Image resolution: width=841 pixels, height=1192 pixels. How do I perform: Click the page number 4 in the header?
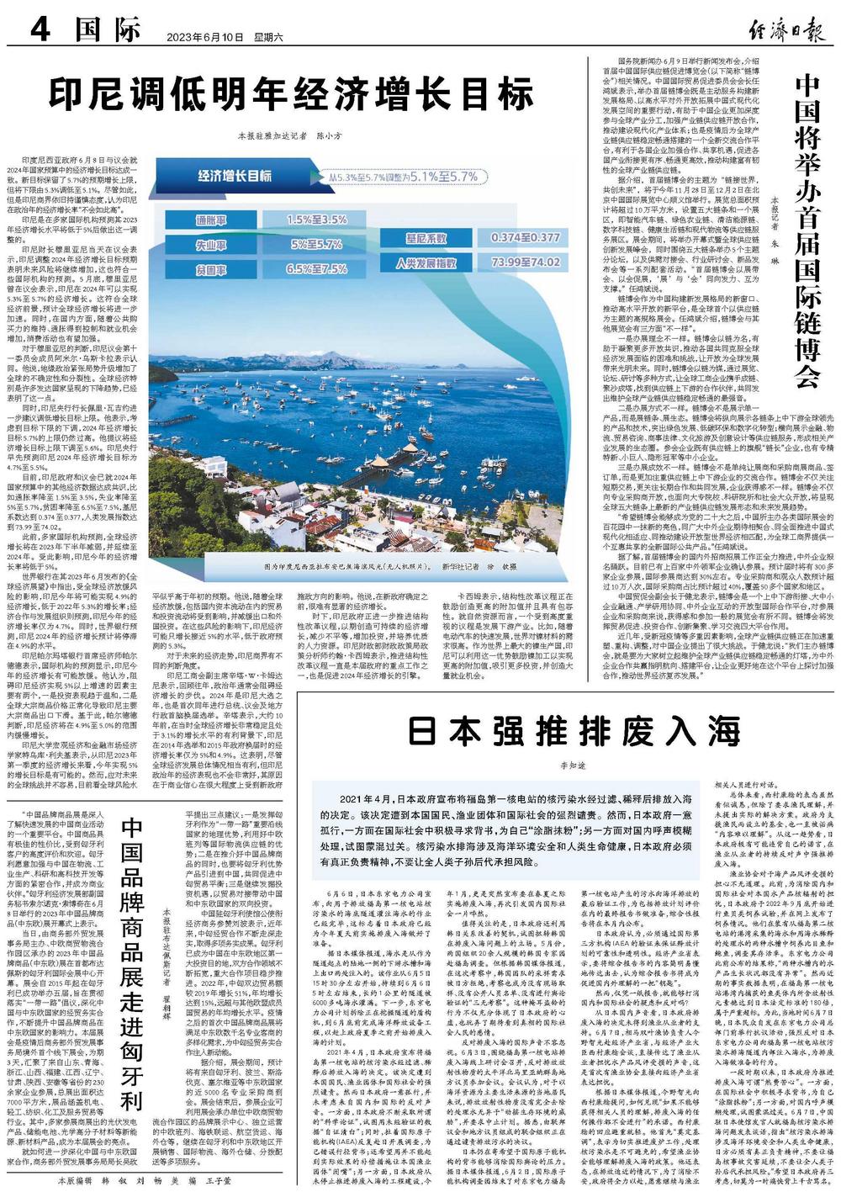pyautogui.click(x=41, y=31)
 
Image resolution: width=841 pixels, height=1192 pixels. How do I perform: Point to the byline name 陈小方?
pyautogui.click(x=328, y=135)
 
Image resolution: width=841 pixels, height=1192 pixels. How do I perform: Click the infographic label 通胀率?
pyautogui.click(x=211, y=220)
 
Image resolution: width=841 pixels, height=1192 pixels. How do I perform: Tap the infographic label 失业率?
pyautogui.click(x=211, y=244)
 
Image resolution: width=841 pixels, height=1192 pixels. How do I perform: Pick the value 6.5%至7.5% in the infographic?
pyautogui.click(x=316, y=268)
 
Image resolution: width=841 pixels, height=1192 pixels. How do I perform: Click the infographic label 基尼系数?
pyautogui.click(x=426, y=238)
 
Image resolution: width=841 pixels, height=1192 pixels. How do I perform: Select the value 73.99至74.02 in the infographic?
pyautogui.click(x=525, y=262)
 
